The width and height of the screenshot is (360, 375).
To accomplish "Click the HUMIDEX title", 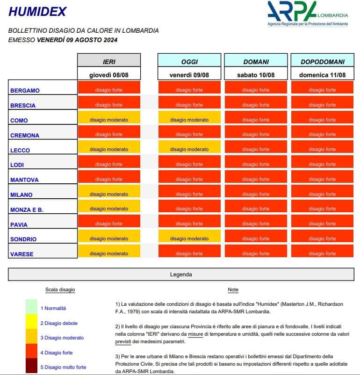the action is pyautogui.click(x=38, y=12).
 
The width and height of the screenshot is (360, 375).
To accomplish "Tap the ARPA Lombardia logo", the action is pyautogui.click(x=307, y=13).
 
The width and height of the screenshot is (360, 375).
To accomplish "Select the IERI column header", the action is pyautogui.click(x=109, y=61).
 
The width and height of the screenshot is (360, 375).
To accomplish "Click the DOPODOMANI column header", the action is pyautogui.click(x=322, y=61).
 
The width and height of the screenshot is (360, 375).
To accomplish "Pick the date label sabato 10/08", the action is pyautogui.click(x=256, y=75).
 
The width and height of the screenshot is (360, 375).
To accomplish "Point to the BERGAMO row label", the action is pyautogui.click(x=25, y=90).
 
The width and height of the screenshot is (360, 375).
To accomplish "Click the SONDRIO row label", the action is pyautogui.click(x=23, y=239).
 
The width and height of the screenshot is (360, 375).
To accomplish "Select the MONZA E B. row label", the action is pyautogui.click(x=27, y=209).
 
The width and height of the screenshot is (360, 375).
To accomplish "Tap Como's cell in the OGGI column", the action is pyautogui.click(x=189, y=120).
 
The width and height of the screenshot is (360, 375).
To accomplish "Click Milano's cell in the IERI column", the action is pyautogui.click(x=109, y=194).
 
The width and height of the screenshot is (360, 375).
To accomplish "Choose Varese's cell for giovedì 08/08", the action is pyautogui.click(x=109, y=253).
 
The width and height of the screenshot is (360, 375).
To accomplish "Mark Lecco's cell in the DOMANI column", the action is pyautogui.click(x=256, y=150).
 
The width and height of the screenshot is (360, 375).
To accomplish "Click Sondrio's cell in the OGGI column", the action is pyautogui.click(x=189, y=239).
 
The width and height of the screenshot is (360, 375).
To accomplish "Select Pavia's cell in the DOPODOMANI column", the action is pyautogui.click(x=322, y=224).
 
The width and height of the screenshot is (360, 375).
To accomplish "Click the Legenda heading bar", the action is pyautogui.click(x=180, y=274).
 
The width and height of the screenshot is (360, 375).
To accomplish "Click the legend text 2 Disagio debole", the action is pyautogui.click(x=59, y=323).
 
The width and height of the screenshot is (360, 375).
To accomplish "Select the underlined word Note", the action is pyautogui.click(x=233, y=290).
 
